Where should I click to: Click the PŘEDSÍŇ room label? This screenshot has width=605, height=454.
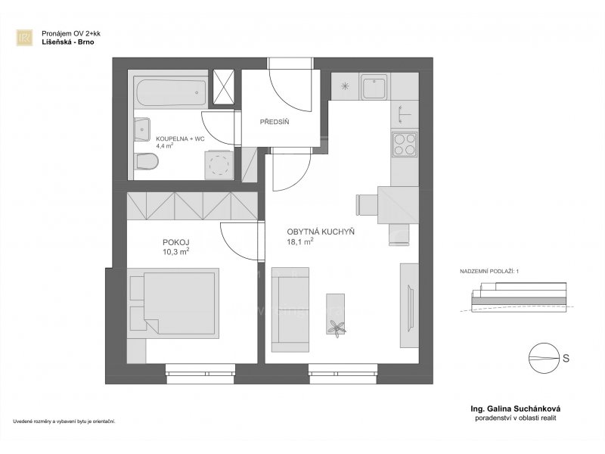pyautogui.click(x=275, y=122)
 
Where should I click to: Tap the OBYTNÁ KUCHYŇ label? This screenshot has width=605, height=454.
pyautogui.click(x=321, y=232)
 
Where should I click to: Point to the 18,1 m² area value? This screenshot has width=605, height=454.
pyautogui.click(x=299, y=242)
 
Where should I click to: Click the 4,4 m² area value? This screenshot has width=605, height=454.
pyautogui.click(x=164, y=145)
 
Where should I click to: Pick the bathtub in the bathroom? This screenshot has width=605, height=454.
pyautogui.click(x=171, y=92)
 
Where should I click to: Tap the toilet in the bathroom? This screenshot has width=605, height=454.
pyautogui.click(x=146, y=161)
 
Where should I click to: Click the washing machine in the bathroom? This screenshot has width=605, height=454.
pyautogui.click(x=219, y=164)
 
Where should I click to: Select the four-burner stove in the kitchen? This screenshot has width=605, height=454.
pyautogui.click(x=405, y=145)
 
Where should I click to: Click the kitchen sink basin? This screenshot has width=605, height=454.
pyautogui.click(x=374, y=87)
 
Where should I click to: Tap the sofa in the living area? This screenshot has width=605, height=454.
pyautogui.click(x=290, y=309)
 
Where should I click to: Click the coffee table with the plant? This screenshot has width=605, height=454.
pyautogui.click(x=336, y=314)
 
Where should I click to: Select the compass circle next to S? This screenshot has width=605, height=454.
pyautogui.click(x=544, y=358)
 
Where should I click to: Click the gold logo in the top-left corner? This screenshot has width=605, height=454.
pyautogui.click(x=24, y=38)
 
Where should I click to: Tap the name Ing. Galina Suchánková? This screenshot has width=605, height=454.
pyautogui.click(x=515, y=409)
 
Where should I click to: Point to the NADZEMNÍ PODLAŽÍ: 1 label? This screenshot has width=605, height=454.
pyautogui.click(x=489, y=272)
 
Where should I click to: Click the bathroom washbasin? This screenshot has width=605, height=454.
pyautogui.click(x=141, y=129)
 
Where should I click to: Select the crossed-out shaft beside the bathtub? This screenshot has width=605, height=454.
pyautogui.click(x=224, y=87)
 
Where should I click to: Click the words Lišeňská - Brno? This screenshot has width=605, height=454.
pyautogui.click(x=68, y=42)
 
